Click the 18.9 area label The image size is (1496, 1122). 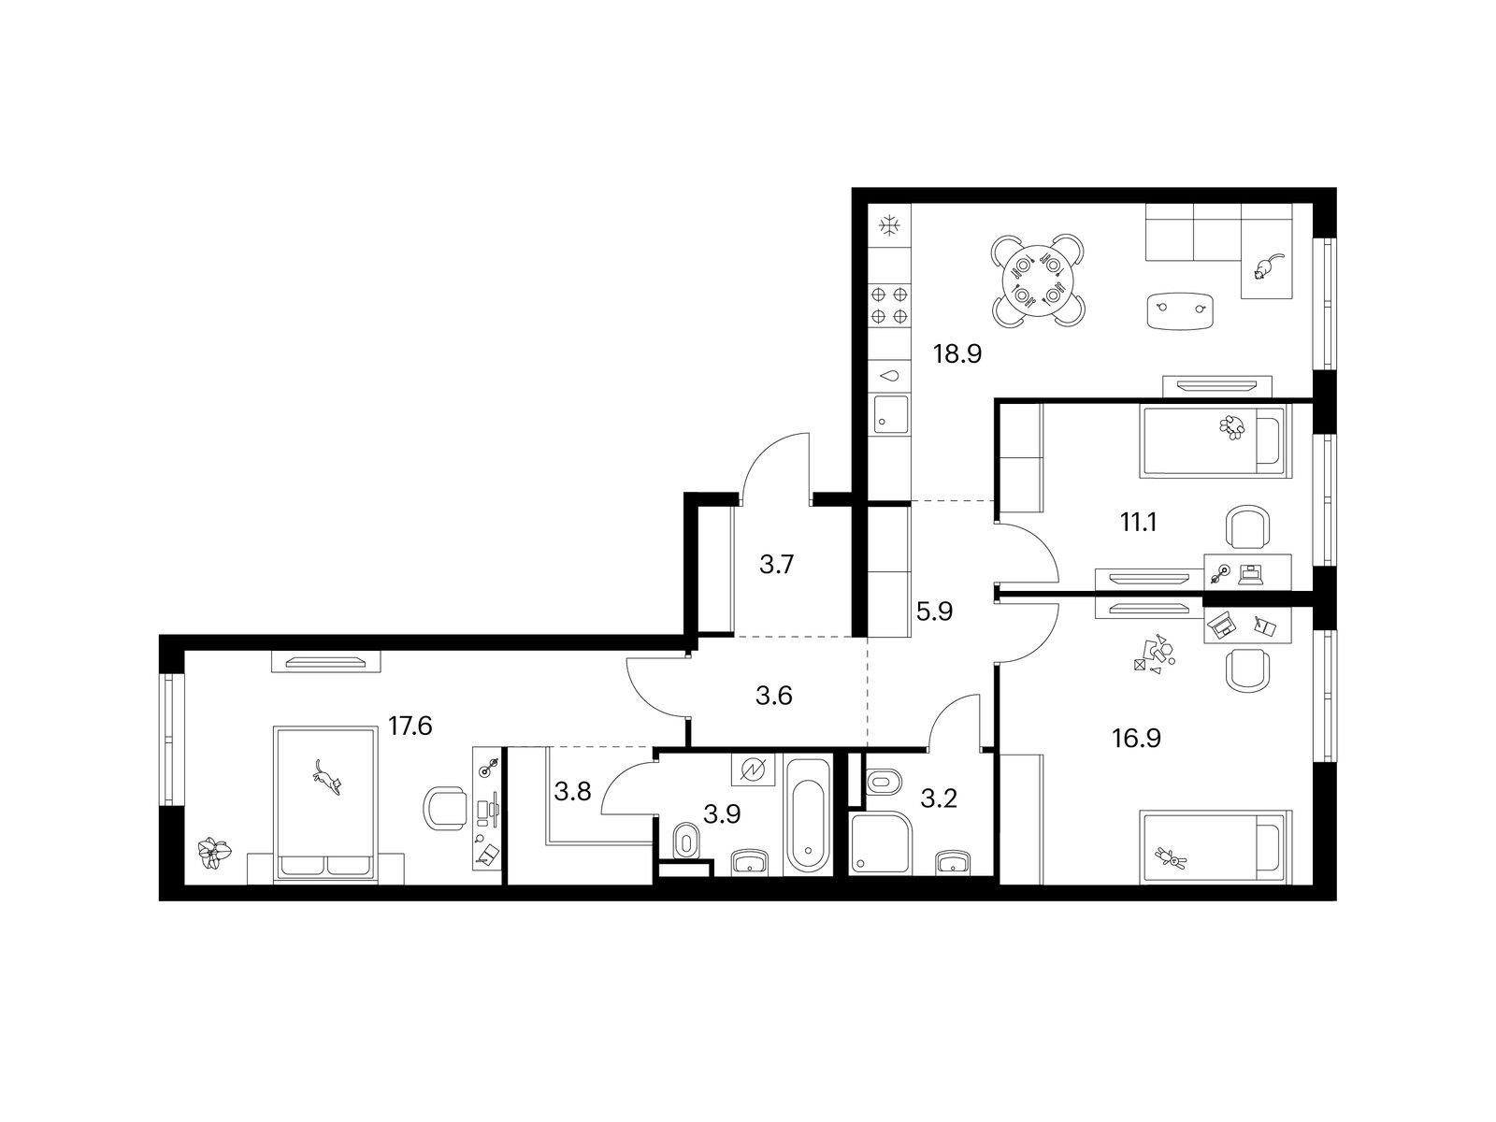(957, 354)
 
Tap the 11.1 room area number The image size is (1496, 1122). (1139, 523)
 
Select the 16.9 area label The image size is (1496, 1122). (1137, 738)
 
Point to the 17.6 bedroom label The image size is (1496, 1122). (410, 726)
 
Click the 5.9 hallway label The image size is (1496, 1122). (934, 611)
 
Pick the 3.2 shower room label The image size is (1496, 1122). (939, 798)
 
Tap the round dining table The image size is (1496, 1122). (1037, 280)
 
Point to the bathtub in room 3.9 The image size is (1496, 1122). (809, 815)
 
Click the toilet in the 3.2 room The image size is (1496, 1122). (884, 782)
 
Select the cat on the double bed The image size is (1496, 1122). (327, 778)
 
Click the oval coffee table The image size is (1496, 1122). (1182, 311)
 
